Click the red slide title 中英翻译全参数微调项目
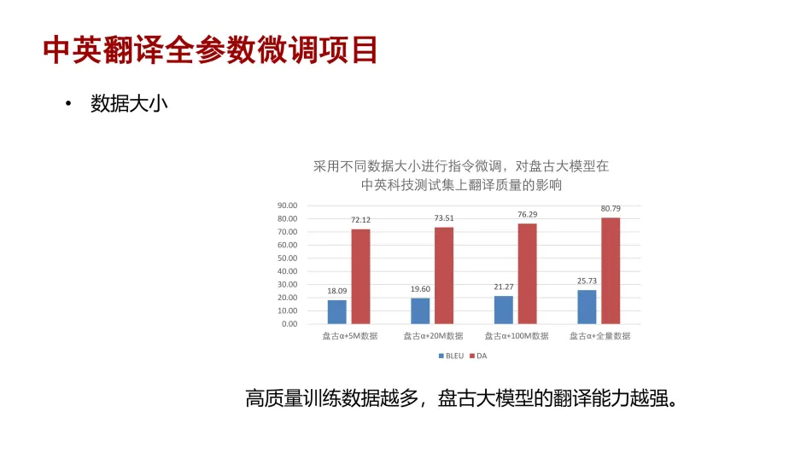click(x=210, y=49)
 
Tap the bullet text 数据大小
click(x=129, y=103)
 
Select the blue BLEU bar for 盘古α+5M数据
click(x=336, y=311)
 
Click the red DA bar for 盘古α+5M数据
click(x=360, y=276)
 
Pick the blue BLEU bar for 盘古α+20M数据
click(x=420, y=310)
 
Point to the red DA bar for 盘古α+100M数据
click(x=528, y=274)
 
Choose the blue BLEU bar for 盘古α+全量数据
click(x=587, y=307)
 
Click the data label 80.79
click(x=611, y=209)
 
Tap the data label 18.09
click(x=336, y=291)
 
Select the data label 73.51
click(x=444, y=218)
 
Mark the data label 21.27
click(x=503, y=287)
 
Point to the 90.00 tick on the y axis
click(x=287, y=206)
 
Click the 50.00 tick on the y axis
click(x=287, y=258)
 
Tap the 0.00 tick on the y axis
click(x=289, y=324)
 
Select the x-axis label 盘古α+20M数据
click(x=433, y=336)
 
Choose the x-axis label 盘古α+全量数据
click(x=599, y=336)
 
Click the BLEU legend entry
click(x=452, y=356)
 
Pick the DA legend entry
click(x=478, y=356)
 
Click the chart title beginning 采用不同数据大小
click(x=461, y=176)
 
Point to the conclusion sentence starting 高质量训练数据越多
click(x=461, y=398)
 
